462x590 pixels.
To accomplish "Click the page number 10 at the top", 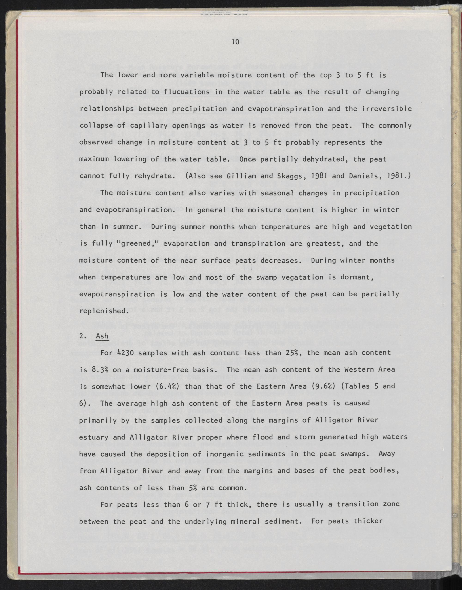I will coord(235,42).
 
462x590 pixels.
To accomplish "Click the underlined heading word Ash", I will coord(102,336).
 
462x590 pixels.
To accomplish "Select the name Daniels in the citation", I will coord(364,176).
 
